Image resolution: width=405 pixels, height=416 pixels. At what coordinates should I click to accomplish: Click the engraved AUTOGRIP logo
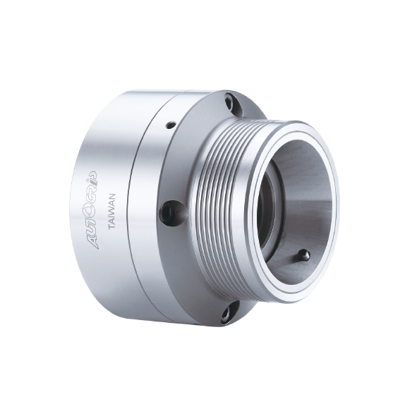[x=92, y=210]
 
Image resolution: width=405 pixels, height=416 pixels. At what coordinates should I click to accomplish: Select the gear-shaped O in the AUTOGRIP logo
[x=91, y=210]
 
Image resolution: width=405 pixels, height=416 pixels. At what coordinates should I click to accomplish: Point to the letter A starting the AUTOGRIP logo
[x=93, y=243]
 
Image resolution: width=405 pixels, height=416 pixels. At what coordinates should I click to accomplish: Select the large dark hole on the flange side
[x=173, y=214]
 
